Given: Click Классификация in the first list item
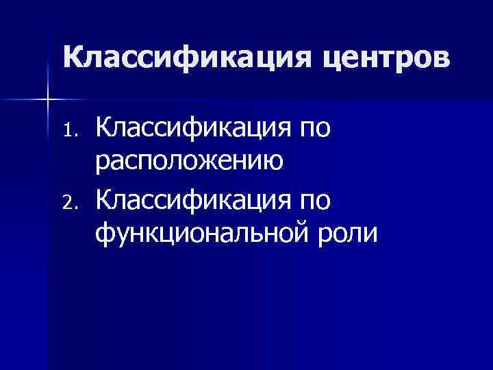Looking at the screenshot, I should (191, 127).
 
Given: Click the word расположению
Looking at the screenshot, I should (190, 162).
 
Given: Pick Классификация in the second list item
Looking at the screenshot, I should (191, 200).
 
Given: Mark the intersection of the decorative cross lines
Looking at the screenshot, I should (47, 100).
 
